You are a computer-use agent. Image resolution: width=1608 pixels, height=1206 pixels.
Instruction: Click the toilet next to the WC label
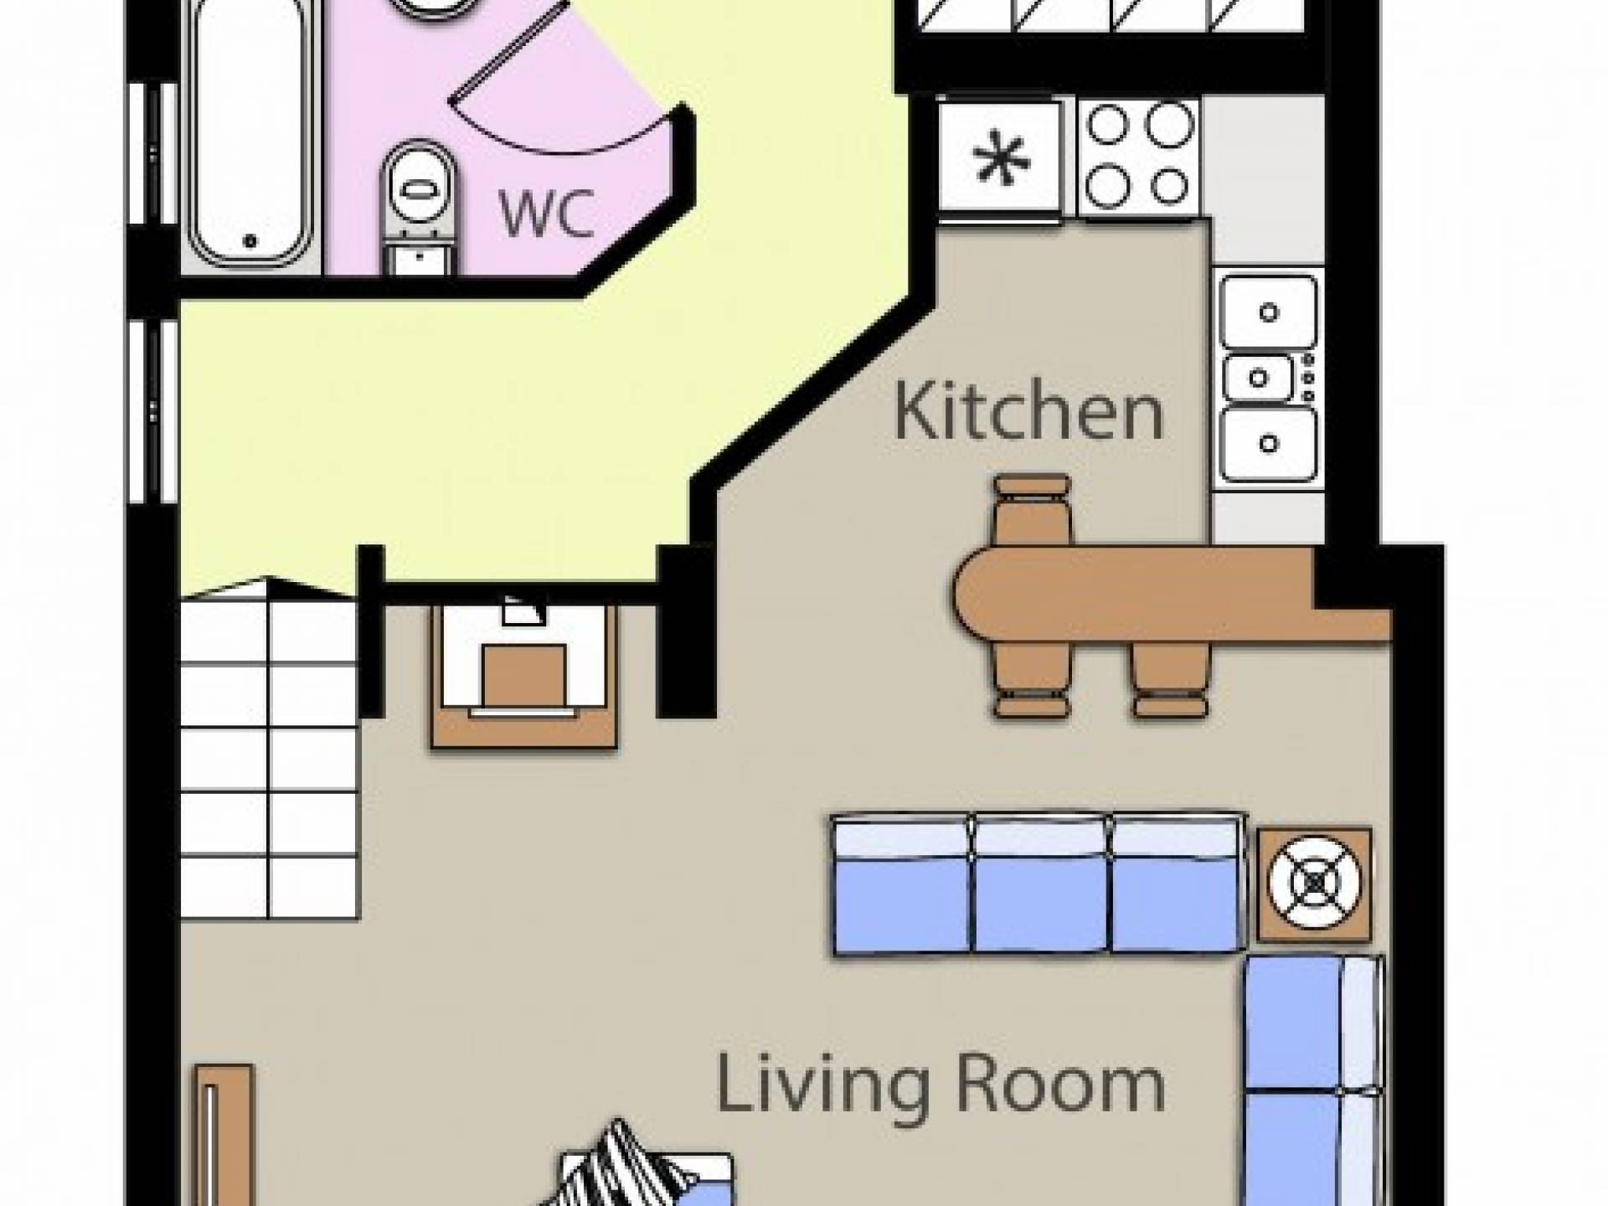pyautogui.click(x=420, y=205)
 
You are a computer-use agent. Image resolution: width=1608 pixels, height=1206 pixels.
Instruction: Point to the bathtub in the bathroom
pyautogui.click(x=249, y=134)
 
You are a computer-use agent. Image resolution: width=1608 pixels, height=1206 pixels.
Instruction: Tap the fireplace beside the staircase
pyautogui.click(x=524, y=674)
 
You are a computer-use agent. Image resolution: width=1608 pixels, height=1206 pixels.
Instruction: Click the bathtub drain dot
pyautogui.click(x=249, y=241)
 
